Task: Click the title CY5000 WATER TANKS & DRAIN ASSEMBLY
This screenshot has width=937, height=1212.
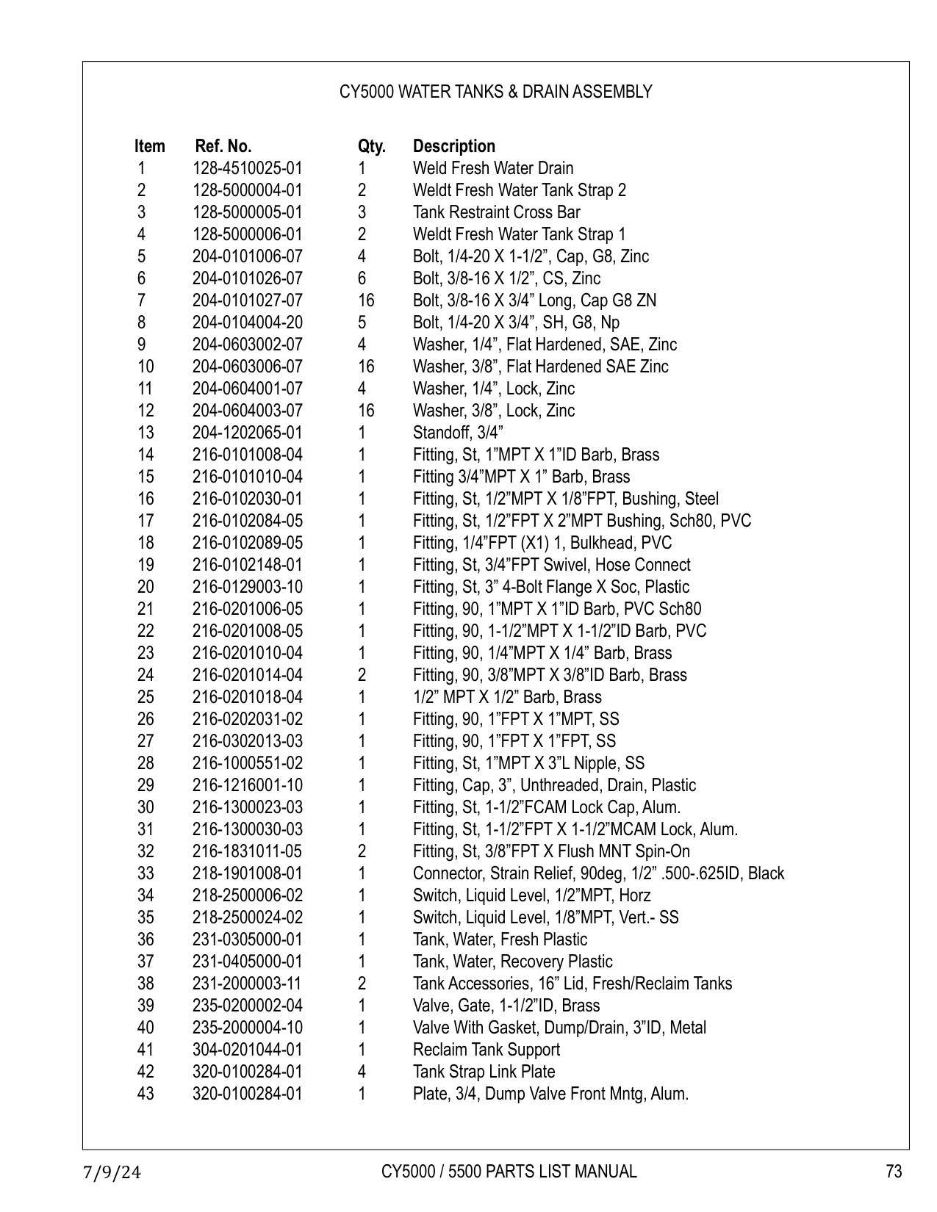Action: point(495,92)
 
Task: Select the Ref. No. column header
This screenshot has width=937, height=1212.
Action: point(223,146)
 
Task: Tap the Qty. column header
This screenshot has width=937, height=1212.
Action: point(371,146)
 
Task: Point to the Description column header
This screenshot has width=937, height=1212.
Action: point(454,146)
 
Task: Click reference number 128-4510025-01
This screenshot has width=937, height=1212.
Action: point(247,168)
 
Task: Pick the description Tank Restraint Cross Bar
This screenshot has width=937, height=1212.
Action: point(496,212)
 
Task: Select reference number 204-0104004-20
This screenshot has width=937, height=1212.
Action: point(247,322)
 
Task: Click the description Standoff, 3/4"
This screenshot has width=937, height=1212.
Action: point(458,433)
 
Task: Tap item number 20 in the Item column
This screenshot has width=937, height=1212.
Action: point(146,587)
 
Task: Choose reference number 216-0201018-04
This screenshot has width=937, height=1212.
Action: point(247,697)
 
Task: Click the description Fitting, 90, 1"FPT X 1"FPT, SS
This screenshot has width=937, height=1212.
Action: point(514,741)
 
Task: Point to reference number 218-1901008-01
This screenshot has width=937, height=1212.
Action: point(247,873)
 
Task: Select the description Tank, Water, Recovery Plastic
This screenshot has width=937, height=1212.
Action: point(512,962)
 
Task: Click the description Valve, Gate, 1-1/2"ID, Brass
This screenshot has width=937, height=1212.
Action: point(506,1006)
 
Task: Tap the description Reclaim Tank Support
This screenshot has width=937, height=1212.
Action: point(487,1050)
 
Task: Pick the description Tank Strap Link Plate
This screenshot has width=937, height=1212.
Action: point(484,1072)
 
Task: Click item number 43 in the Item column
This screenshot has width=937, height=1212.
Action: point(146,1094)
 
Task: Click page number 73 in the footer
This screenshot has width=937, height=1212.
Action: point(894,1172)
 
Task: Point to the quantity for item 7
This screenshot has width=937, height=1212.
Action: point(365,300)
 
